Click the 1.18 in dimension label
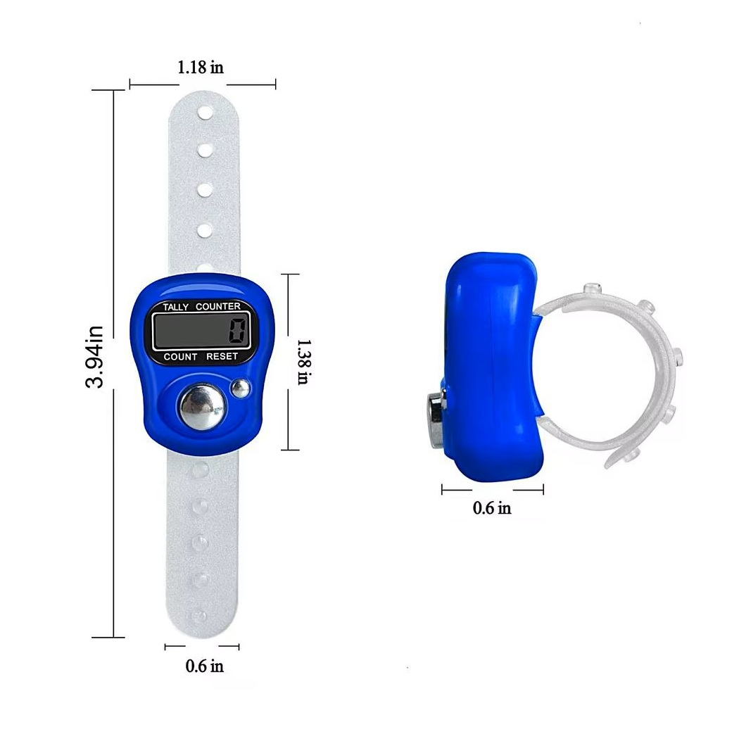pos(201,68)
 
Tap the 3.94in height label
pos(94,357)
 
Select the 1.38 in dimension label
pos(303,362)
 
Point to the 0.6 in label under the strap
pos(205,666)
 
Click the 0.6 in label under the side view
pos(492,508)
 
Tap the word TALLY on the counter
pos(176,308)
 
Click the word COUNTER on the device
pos(217,306)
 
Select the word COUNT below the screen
pos(180,357)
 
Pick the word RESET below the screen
pos(222,356)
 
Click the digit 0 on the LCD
pos(238,330)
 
